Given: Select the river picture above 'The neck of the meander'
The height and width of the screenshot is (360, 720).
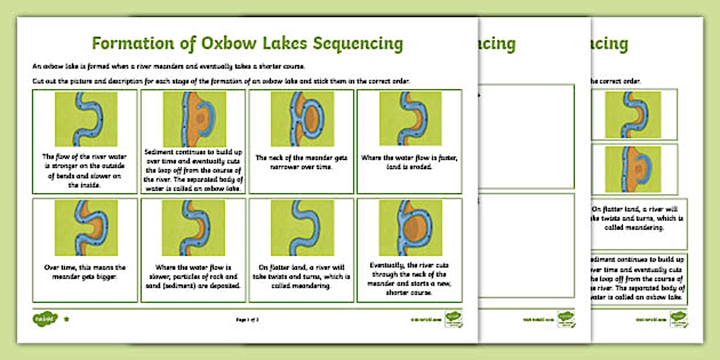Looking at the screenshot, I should pos(302,119).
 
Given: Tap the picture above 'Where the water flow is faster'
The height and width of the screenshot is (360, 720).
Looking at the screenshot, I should pos(410,119).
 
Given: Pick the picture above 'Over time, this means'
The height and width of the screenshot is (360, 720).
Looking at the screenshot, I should pos(86,227).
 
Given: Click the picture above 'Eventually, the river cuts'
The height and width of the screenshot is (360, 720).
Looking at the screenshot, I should pos(410,227).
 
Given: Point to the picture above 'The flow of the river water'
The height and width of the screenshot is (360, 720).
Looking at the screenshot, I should pos(86,119).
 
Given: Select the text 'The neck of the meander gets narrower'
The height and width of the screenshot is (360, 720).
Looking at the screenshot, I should pos(302,162).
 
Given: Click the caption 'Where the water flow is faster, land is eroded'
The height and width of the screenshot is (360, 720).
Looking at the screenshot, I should pos(410,162).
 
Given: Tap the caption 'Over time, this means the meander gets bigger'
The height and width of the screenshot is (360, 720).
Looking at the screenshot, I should pos(86,272).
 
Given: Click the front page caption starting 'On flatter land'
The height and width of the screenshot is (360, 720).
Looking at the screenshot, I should pos(302,276).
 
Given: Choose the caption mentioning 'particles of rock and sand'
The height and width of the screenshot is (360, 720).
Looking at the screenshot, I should pos(194,276).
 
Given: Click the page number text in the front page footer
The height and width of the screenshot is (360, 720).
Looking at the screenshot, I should pos(248,320).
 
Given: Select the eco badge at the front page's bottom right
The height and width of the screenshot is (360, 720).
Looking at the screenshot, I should pos(453,319).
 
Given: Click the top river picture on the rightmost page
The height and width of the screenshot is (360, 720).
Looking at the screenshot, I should pos(633,115).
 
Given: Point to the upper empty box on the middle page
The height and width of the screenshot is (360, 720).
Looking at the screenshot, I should pos(526,136).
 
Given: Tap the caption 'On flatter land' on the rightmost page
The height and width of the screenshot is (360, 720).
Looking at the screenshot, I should pos(638,218).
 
